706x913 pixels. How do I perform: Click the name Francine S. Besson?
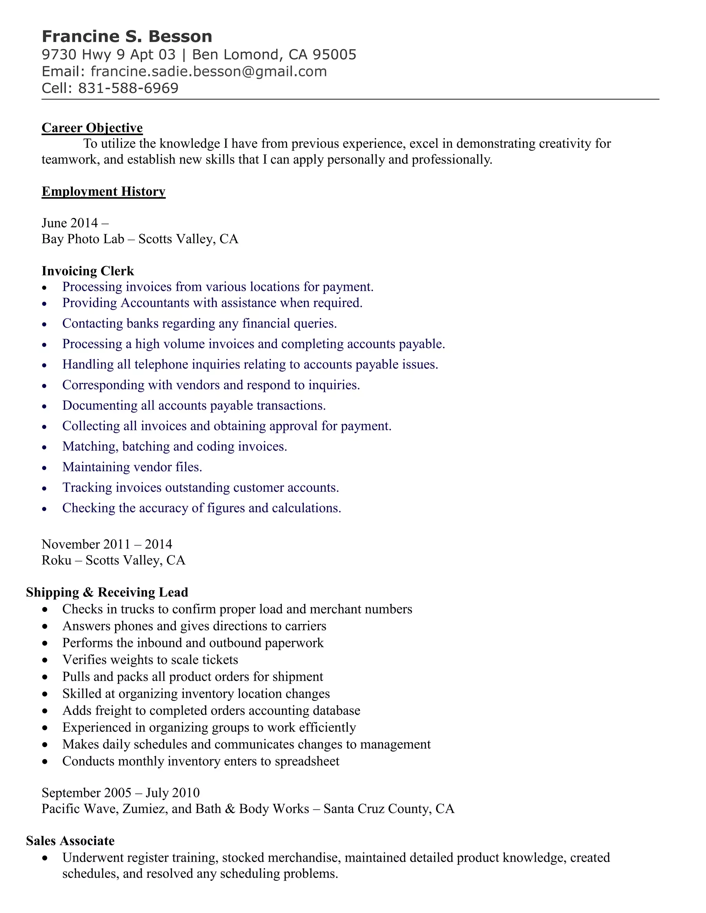coord(127,37)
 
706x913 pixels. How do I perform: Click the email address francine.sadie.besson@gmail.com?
coord(208,71)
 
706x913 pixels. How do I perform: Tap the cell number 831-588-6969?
coord(128,88)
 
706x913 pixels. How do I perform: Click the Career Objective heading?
coord(92,127)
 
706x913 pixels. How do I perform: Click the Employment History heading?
coord(103,192)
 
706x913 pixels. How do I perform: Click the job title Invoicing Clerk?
coord(88,271)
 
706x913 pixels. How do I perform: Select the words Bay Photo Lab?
coord(83,239)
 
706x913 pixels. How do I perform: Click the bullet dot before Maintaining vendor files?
coord(45,468)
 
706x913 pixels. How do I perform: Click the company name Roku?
coord(57,560)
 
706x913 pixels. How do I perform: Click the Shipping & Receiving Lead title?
coord(107,592)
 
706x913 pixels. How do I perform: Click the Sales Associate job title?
coord(70,841)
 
